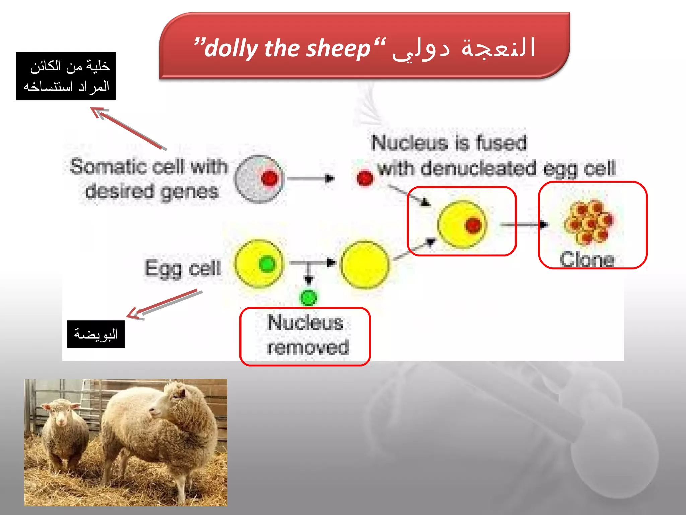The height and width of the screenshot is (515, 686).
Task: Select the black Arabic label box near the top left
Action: click(66, 76)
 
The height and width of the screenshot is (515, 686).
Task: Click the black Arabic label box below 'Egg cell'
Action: click(96, 334)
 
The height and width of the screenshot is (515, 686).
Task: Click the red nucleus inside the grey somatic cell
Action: click(270, 178)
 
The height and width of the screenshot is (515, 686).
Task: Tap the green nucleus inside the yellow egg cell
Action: click(267, 264)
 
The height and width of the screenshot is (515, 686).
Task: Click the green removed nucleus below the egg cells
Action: click(308, 297)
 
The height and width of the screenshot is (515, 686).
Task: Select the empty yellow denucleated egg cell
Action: click(365, 265)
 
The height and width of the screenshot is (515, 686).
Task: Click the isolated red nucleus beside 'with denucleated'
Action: click(365, 178)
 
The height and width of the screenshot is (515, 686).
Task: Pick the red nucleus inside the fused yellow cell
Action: click(473, 225)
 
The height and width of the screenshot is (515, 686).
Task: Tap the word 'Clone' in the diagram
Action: click(587, 260)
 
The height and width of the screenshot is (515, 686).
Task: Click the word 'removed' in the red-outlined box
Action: click(308, 347)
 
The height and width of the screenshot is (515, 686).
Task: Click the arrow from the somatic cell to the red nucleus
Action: click(311, 178)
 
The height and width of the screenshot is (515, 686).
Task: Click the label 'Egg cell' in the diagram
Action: click(183, 268)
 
